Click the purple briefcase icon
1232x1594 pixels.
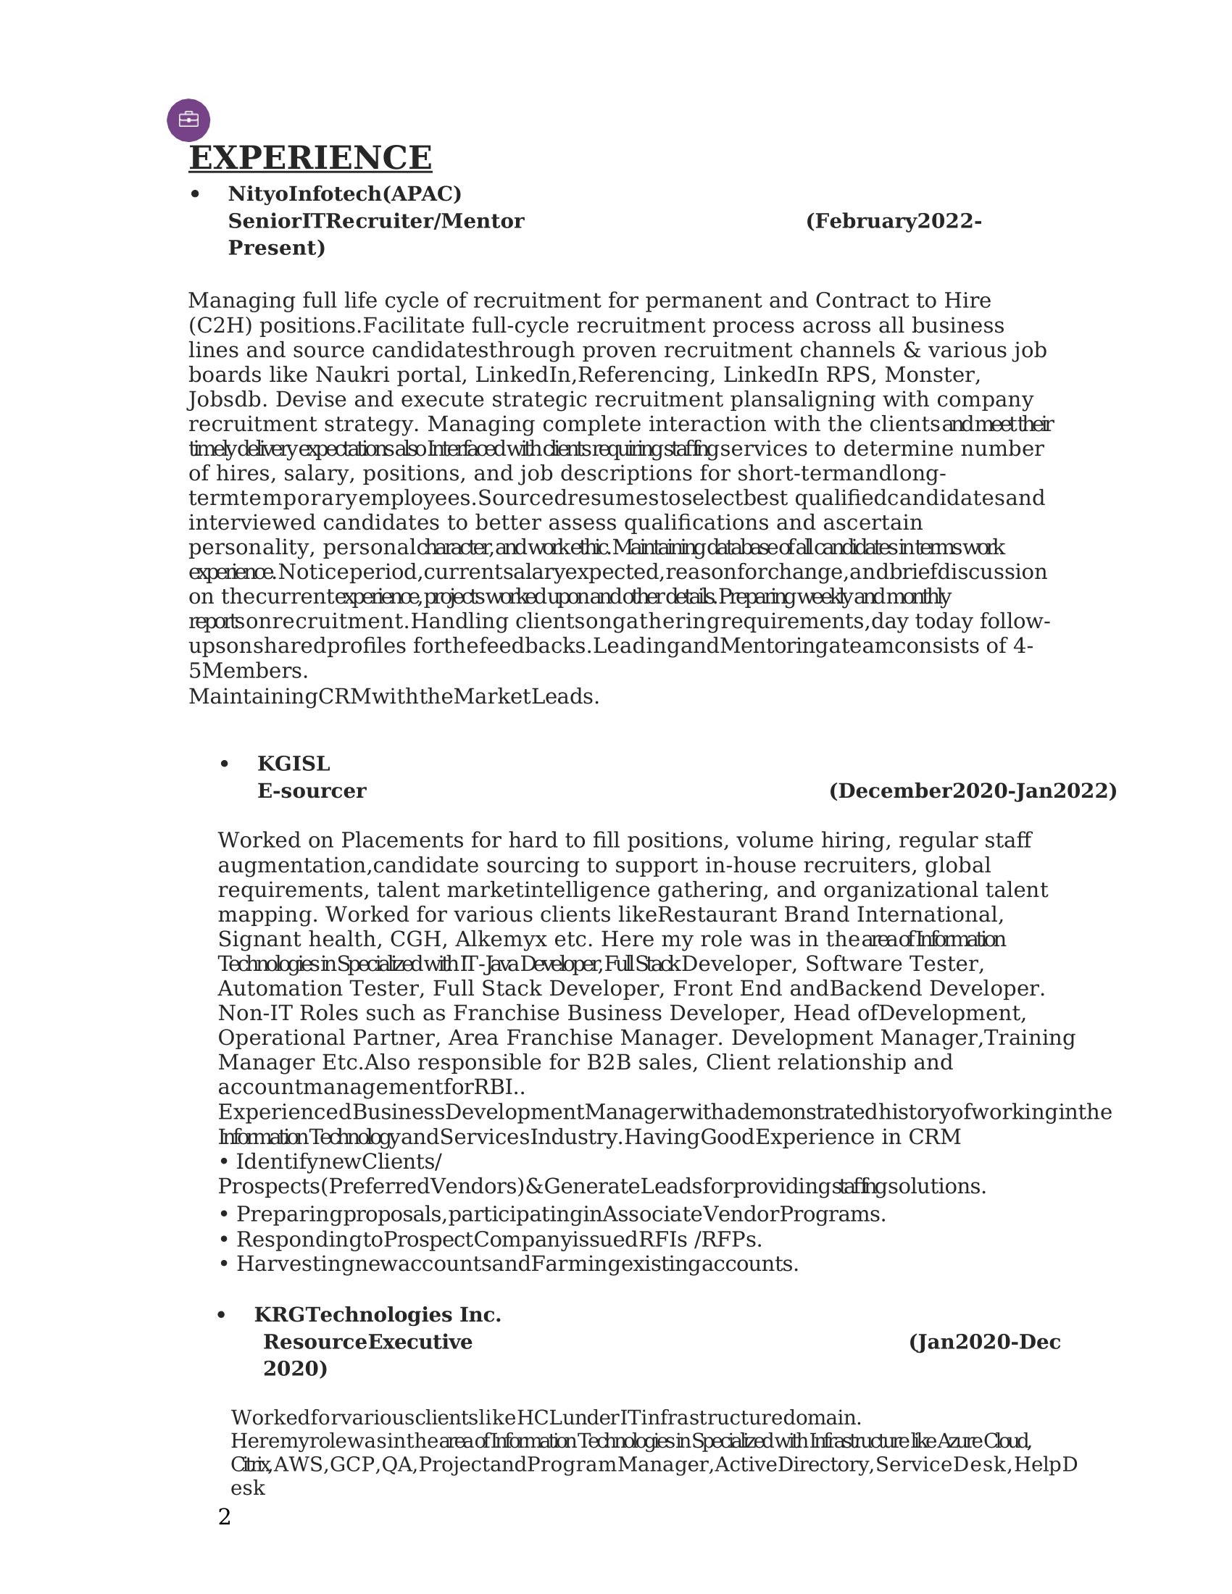pyautogui.click(x=188, y=120)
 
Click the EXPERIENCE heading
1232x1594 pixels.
pyautogui.click(x=310, y=158)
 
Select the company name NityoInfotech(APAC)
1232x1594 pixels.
pyautogui.click(x=344, y=194)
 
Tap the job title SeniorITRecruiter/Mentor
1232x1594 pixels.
pyautogui.click(x=376, y=221)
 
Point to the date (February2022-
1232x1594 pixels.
pyautogui.click(x=894, y=221)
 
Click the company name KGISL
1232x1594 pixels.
pyautogui.click(x=294, y=764)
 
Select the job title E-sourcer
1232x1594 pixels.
pyautogui.click(x=312, y=791)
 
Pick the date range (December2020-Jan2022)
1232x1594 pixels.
pyautogui.click(x=972, y=791)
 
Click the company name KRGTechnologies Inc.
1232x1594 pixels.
pyautogui.click(x=378, y=1315)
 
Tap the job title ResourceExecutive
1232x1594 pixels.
pyautogui.click(x=368, y=1342)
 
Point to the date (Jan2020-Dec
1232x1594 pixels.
pyautogui.click(x=985, y=1342)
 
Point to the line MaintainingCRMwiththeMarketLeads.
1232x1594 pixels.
pyautogui.click(x=394, y=697)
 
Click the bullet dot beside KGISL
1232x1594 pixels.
pyautogui.click(x=224, y=764)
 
